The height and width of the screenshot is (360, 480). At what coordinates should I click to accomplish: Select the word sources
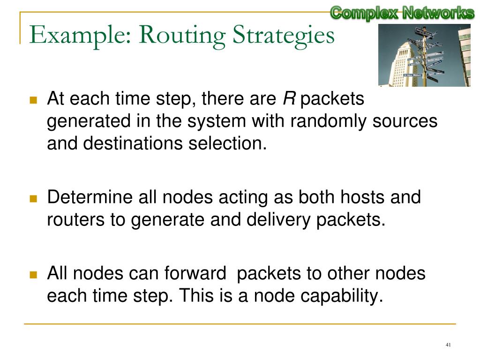click(405, 121)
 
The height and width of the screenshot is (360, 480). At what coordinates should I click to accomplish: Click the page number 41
click(448, 345)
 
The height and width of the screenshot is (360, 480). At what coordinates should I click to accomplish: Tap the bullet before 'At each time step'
click(33, 100)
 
